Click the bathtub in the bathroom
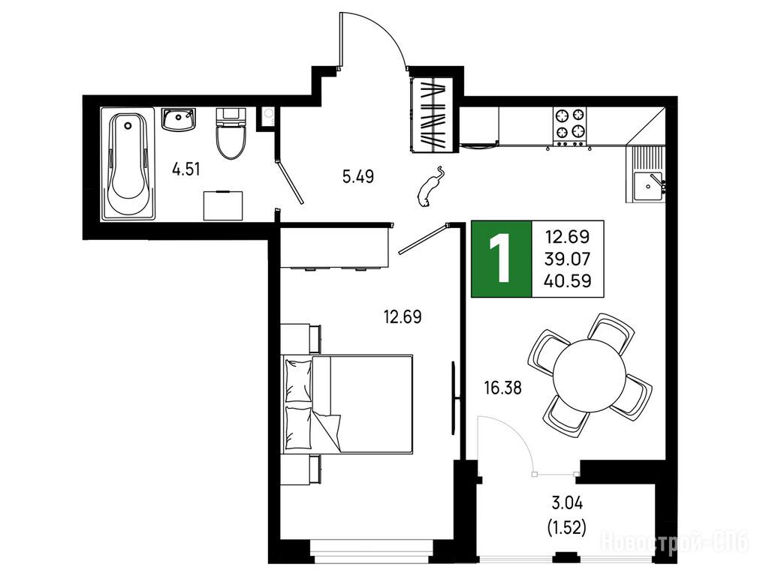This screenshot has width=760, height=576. point(128,164)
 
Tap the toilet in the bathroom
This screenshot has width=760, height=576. point(231,133)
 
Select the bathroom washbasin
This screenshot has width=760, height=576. point(179,119)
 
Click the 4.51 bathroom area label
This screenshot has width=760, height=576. point(186,169)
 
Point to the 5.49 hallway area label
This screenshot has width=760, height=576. point(358,177)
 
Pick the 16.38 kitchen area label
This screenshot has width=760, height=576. point(503,388)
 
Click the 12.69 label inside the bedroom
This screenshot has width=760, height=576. point(403,317)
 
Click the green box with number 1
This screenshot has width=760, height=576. point(502,259)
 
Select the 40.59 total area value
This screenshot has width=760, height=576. point(568,281)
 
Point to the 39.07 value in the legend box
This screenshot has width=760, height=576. point(568,259)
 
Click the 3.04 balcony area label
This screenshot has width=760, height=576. point(567,503)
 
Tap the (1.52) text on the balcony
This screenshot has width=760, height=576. point(566,526)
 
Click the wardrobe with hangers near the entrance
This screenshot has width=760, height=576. point(432,115)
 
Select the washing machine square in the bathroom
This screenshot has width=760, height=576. point(223,205)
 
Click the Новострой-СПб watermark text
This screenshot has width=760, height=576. point(674,541)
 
